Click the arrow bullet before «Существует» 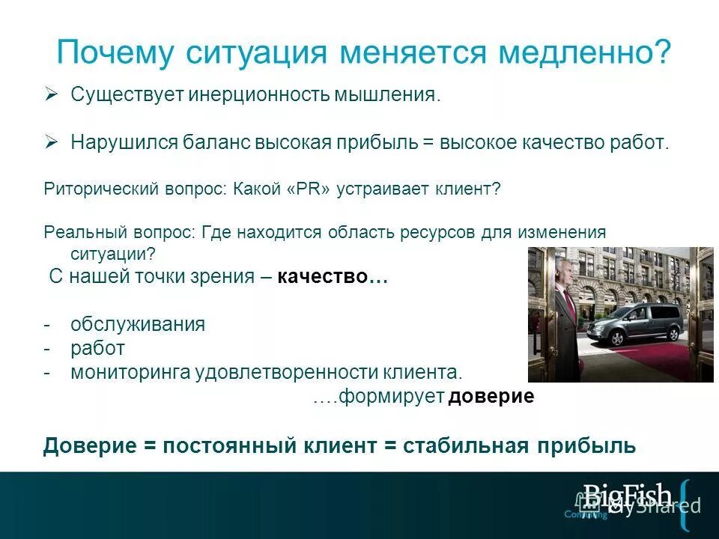51,94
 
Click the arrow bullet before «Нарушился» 51,141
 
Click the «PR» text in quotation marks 304,189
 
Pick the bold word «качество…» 332,276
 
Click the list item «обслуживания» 138,324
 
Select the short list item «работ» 98,348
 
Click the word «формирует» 392,397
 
